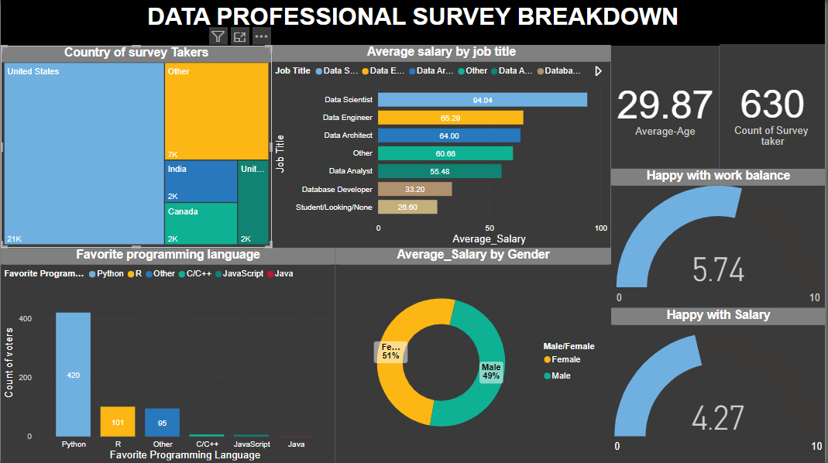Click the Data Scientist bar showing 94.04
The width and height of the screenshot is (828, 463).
pos(482,100)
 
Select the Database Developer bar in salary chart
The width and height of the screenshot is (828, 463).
pos(414,189)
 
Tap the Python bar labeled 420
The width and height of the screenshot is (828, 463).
pos(73,375)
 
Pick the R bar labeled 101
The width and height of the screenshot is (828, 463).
pos(118,421)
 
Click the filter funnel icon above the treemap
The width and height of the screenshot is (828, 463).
pos(218,36)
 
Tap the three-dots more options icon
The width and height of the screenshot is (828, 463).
pos(262,36)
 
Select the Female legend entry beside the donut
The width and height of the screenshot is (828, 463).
pos(565,359)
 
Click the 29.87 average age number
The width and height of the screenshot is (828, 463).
pos(665,105)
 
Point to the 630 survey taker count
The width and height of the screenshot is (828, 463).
pos(771,104)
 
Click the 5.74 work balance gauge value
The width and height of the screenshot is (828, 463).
pos(718,269)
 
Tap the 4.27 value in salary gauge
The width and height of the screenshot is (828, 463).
pos(718,418)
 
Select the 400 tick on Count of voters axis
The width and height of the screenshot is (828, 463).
pos(26,319)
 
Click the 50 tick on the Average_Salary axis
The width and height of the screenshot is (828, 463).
pos(489,228)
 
